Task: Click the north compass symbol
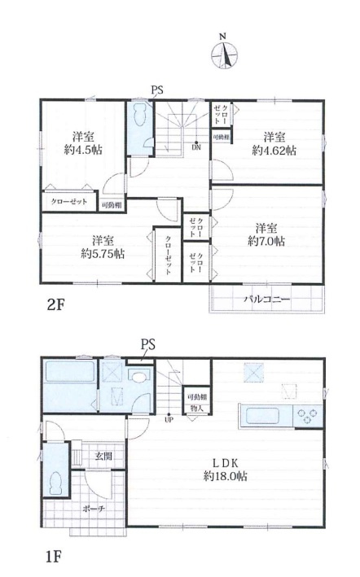(x=224, y=53)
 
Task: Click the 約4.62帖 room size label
(x=273, y=143)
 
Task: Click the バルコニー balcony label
(x=267, y=299)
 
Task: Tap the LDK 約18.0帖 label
(x=226, y=469)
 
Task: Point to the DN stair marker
(x=196, y=147)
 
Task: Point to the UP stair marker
(x=169, y=420)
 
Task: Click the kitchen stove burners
(x=307, y=415)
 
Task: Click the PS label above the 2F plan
(x=156, y=91)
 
